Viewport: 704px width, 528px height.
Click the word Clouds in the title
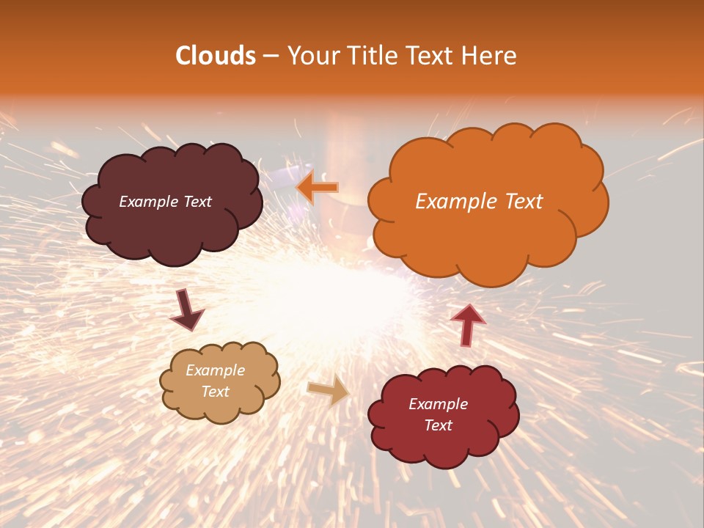[x=215, y=56]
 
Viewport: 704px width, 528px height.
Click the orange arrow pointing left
[x=317, y=187]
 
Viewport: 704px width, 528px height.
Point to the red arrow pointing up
[x=467, y=325]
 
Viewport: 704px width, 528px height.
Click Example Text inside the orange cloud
[x=479, y=202]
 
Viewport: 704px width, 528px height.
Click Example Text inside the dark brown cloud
[x=165, y=202]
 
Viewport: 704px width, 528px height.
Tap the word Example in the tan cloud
[x=215, y=371]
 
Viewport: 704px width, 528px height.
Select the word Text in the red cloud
[x=438, y=425]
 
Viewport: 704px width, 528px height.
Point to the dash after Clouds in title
[x=271, y=56]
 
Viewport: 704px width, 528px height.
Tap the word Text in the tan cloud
[x=215, y=392]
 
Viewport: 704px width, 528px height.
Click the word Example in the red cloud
[x=438, y=404]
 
